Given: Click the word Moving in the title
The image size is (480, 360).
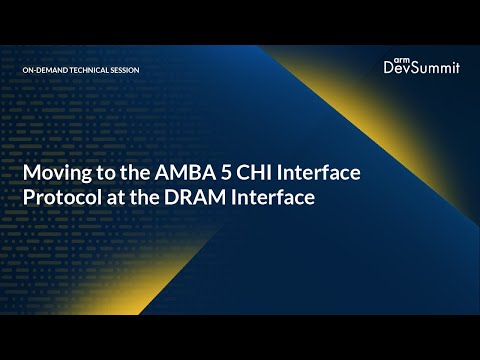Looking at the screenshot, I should [x=55, y=174].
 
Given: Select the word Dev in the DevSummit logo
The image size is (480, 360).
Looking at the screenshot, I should [x=399, y=69].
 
